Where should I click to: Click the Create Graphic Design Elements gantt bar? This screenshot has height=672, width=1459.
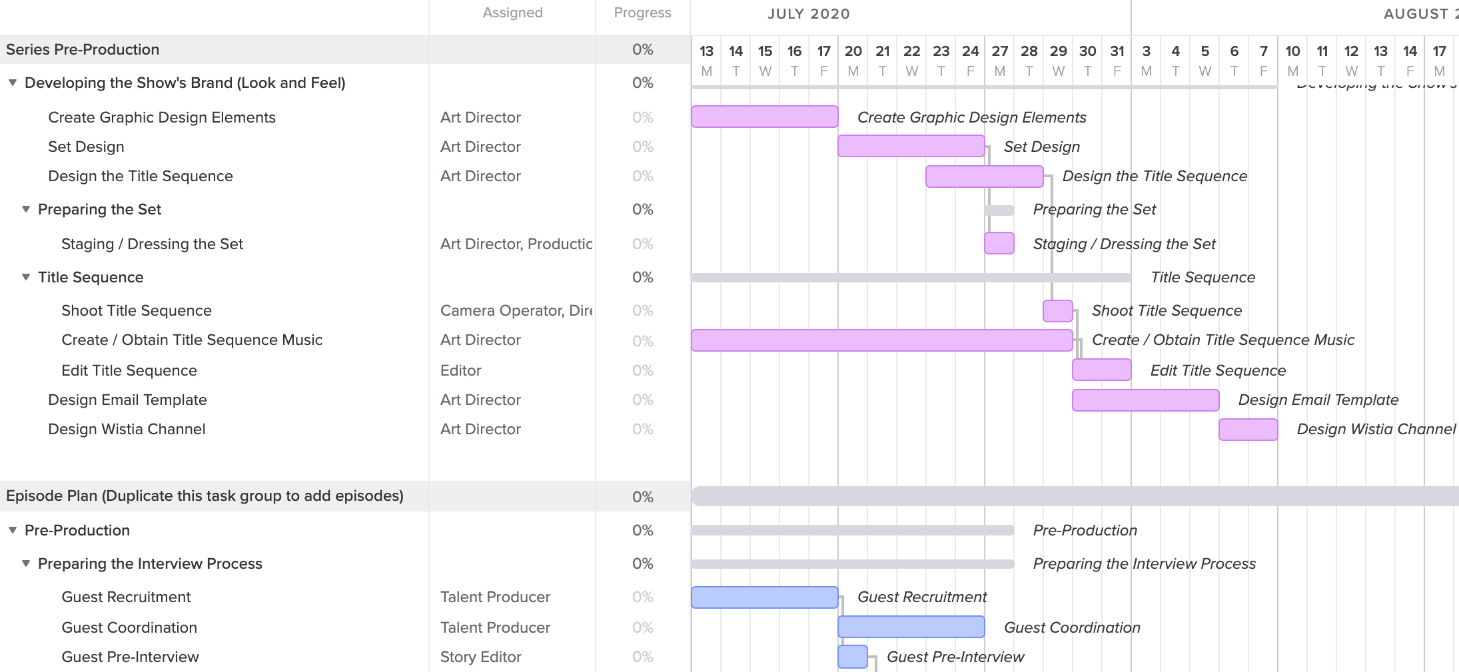coord(764,117)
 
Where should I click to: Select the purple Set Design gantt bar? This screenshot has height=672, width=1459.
coord(911,146)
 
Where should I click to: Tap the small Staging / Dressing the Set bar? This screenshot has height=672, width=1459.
coord(999,243)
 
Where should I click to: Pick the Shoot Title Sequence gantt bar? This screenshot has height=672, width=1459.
coord(1057,310)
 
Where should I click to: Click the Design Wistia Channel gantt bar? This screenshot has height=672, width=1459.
coord(1248,430)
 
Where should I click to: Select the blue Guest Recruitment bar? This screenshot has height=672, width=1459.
coord(764,597)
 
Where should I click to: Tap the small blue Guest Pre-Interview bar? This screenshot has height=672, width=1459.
coord(852,657)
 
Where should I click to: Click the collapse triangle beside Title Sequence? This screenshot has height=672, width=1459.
coord(26,277)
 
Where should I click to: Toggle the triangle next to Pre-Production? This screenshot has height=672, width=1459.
coord(13,530)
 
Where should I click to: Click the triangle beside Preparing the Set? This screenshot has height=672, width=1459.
coord(26,209)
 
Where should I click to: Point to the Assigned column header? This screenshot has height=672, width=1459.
coord(512,13)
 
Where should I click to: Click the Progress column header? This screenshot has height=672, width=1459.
coord(642,13)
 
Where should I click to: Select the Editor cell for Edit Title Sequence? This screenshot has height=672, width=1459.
coord(460,370)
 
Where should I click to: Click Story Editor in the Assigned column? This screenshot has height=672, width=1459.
coord(480,657)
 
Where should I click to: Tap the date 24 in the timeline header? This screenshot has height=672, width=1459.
coord(970,51)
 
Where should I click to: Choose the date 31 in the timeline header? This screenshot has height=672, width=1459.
coord(1117,51)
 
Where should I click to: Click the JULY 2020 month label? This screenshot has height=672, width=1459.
coord(808,14)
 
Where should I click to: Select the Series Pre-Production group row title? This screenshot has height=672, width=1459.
coord(83,49)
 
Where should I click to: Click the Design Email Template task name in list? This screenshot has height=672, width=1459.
coord(127,400)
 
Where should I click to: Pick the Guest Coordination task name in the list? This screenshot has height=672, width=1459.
coord(129,627)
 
